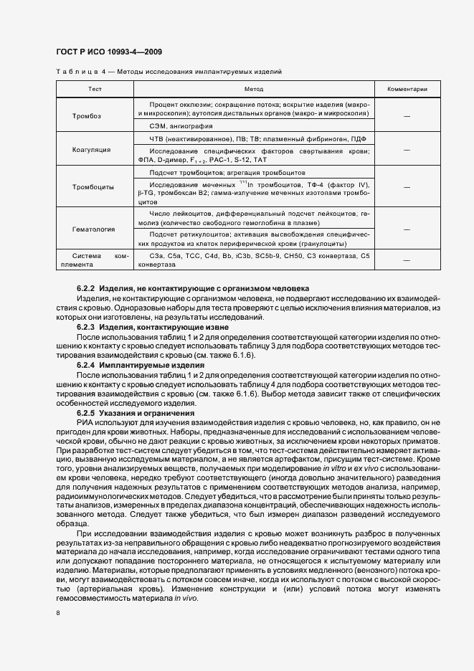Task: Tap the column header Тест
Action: click(x=95, y=90)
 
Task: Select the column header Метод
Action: click(x=254, y=90)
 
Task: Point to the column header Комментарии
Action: click(x=407, y=90)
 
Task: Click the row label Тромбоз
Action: click(x=87, y=116)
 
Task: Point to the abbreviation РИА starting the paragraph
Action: click(x=85, y=424)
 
